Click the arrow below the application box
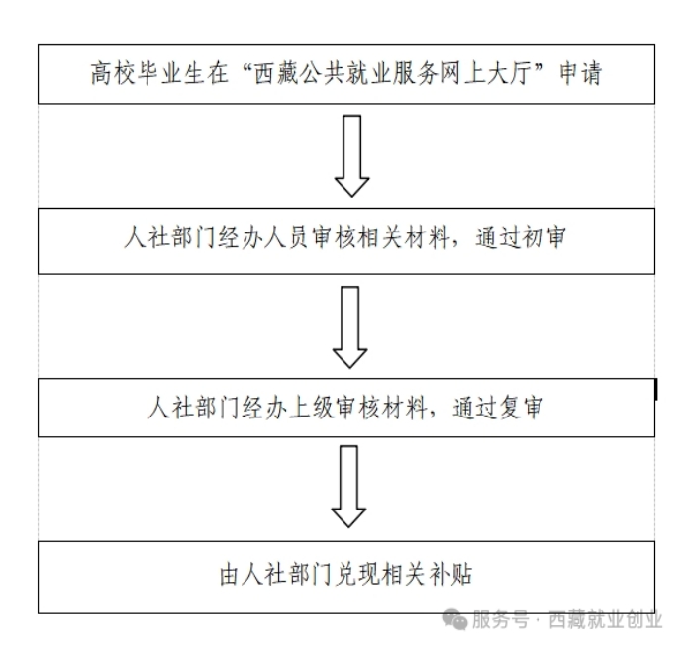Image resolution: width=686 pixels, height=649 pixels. (351, 155)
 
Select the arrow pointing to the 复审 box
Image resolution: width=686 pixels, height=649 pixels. (349, 327)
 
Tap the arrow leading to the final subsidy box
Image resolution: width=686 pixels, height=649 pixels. (348, 487)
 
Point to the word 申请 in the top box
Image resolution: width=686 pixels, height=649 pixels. (581, 73)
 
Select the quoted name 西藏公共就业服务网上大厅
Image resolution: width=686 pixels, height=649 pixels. (392, 73)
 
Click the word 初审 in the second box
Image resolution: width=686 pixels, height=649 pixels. (543, 237)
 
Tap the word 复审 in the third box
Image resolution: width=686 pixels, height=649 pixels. (521, 408)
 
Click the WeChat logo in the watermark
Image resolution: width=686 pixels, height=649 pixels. (454, 619)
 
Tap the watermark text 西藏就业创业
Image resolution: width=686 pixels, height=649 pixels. (605, 620)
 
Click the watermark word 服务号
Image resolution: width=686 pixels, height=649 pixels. (500, 620)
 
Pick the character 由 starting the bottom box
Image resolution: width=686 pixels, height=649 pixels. (231, 574)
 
